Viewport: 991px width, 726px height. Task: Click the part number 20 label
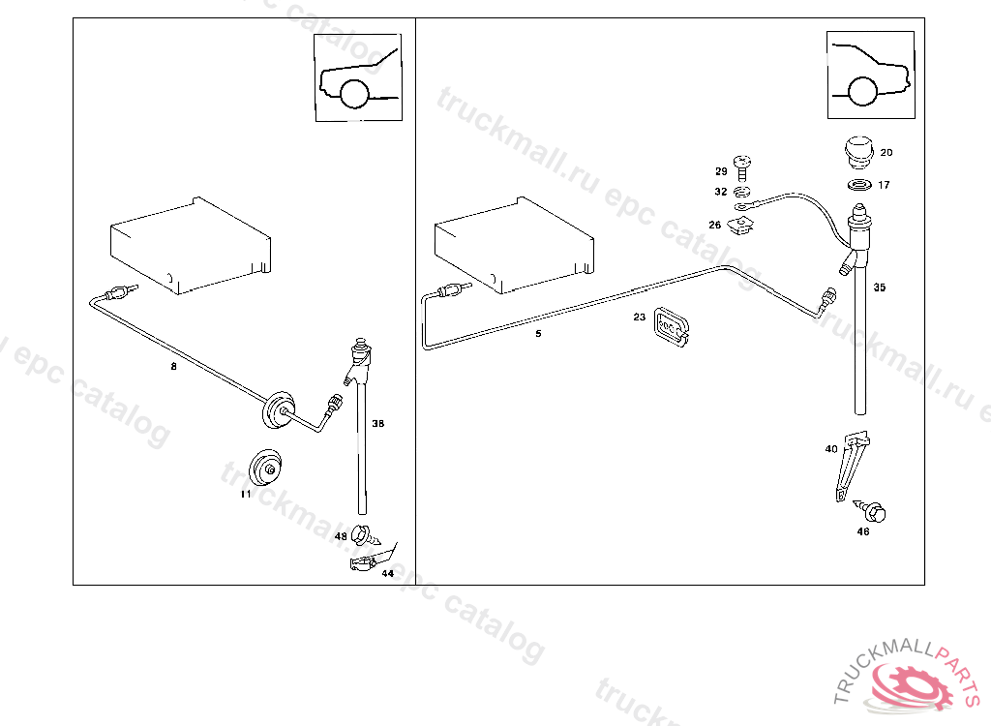[886, 153]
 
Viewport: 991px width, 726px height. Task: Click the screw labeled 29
[742, 166]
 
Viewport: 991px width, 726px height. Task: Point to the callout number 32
[720, 192]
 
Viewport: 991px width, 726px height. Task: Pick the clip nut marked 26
[743, 227]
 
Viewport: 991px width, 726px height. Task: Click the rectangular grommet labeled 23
[670, 325]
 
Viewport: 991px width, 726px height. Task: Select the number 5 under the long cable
[539, 334]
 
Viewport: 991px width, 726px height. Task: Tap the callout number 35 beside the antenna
[879, 287]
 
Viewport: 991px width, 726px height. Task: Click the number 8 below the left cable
[173, 366]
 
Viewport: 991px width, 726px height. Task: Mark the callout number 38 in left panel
[377, 424]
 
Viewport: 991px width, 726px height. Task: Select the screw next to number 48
[364, 533]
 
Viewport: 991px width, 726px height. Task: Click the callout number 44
[387, 573]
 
